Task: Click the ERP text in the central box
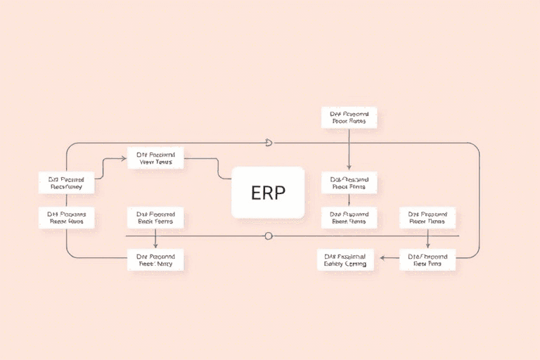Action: pos(268,193)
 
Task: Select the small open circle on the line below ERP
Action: pos(268,236)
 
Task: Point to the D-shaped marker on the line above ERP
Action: pos(268,143)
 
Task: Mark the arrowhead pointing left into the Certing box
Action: pos(382,258)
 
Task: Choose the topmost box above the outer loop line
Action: pos(349,117)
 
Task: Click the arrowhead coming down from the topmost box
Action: pos(349,166)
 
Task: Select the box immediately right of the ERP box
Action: pos(349,184)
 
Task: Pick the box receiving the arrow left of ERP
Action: pos(155,158)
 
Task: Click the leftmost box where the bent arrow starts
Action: pos(65,184)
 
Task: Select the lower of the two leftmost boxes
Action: pos(65,217)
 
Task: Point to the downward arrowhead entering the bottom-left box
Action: pos(155,245)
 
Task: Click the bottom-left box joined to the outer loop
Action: pos(155,259)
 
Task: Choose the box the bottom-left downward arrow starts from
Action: pos(155,218)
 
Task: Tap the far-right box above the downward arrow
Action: pos(427,218)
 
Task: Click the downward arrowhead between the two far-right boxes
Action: pos(427,245)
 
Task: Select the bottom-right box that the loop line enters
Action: pos(427,259)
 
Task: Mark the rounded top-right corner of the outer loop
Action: pos(475,147)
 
